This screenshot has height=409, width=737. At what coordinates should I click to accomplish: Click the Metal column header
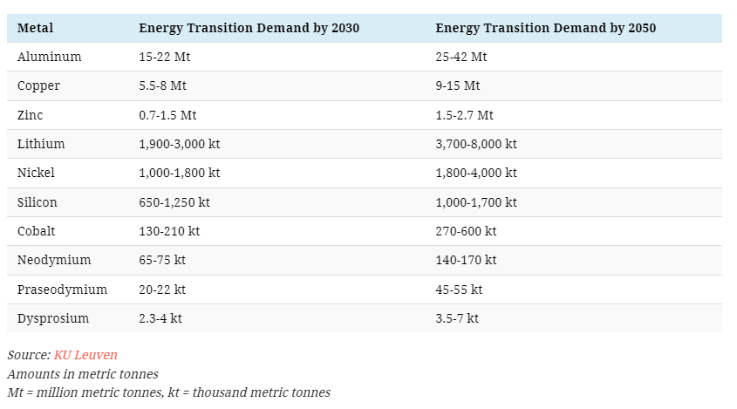pos(35,28)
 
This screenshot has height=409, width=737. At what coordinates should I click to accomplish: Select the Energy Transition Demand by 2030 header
pos(249,28)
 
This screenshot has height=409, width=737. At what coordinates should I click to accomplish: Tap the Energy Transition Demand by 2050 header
pos(546,28)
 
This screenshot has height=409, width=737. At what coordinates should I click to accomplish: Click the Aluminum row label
pos(50,57)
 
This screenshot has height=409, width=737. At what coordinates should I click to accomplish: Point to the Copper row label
pos(38,86)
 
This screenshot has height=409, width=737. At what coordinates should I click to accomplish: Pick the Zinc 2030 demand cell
pos(167,115)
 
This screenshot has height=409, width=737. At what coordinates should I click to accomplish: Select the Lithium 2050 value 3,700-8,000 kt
pos(476,144)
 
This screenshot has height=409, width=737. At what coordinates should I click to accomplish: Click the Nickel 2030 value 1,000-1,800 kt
pos(179,173)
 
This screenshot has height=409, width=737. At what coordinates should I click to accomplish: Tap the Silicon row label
pos(38,202)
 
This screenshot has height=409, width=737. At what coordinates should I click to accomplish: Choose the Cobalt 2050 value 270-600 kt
pos(466,231)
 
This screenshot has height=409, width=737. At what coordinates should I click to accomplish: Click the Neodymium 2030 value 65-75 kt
pos(162,260)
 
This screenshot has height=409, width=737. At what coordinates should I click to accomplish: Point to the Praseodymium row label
pos(62,290)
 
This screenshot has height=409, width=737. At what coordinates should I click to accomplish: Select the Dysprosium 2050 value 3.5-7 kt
pos(457,318)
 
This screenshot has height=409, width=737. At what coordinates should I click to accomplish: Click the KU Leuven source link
pos(85,355)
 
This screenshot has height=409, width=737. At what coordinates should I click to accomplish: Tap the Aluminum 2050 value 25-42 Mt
pos(461,57)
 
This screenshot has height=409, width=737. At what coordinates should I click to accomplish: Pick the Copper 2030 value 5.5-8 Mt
pos(162,85)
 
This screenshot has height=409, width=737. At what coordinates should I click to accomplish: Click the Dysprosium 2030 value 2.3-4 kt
pos(160,318)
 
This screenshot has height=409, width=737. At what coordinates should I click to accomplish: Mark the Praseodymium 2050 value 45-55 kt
pos(459,290)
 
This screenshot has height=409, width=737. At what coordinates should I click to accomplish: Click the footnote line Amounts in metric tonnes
pos(83,374)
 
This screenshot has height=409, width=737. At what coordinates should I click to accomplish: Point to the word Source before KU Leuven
pos(29,355)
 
